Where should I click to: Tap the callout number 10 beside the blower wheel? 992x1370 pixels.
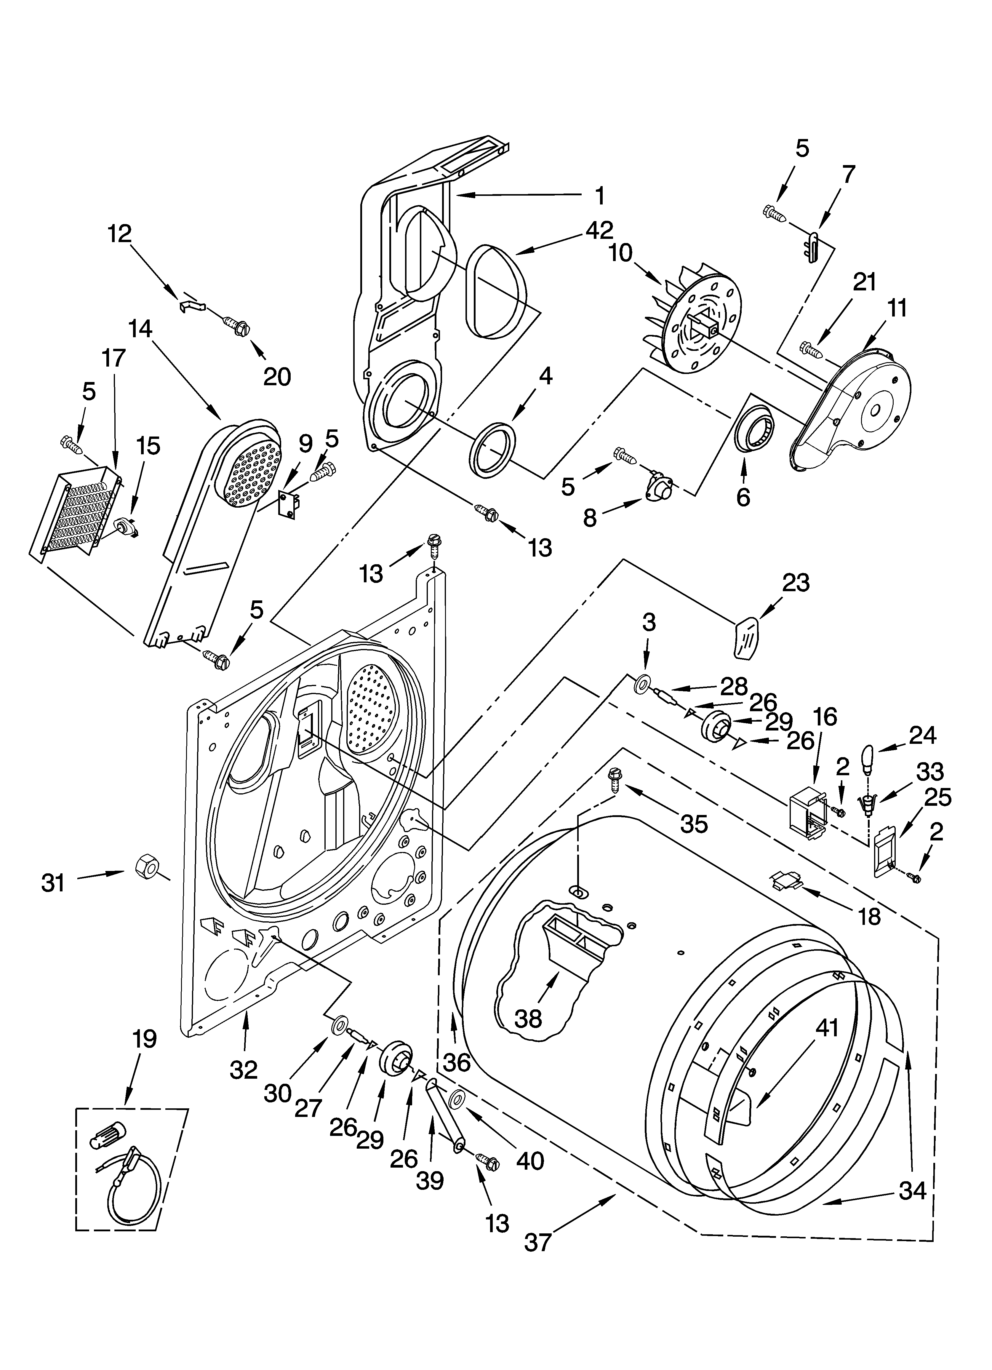[x=620, y=253]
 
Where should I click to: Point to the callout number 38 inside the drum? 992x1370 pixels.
[x=528, y=1019]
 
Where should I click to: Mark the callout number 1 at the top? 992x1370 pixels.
[x=599, y=195]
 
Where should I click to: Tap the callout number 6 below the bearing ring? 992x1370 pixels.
[x=743, y=497]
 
